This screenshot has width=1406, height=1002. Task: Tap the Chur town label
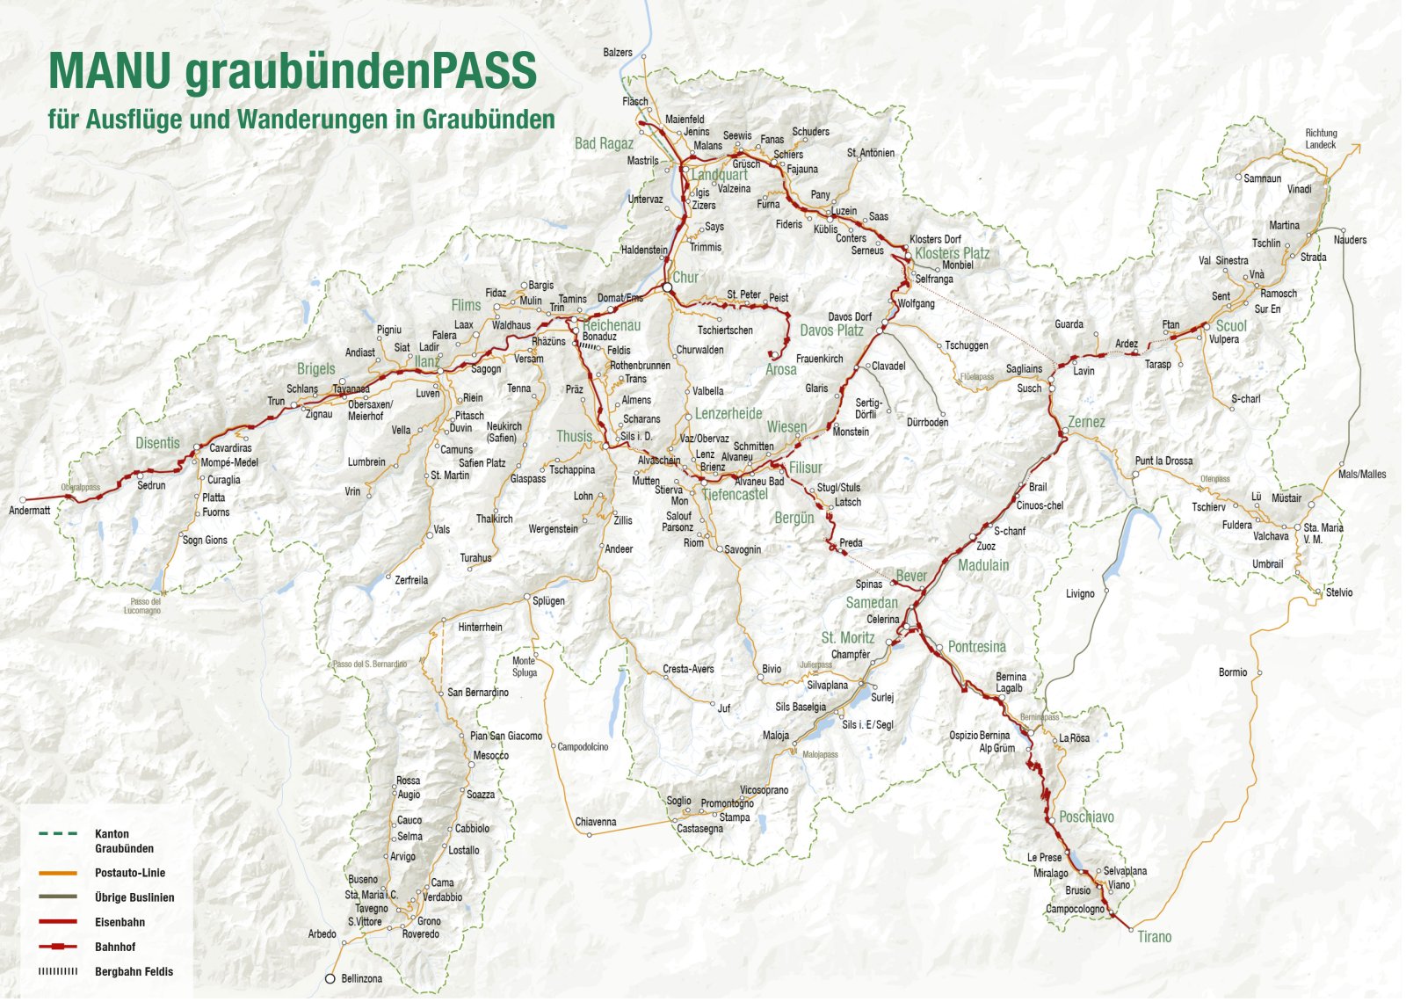coord(685,277)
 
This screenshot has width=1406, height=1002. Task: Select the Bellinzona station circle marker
coord(330,978)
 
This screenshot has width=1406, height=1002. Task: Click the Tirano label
coord(1154,937)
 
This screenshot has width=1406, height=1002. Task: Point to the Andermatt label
coord(30,511)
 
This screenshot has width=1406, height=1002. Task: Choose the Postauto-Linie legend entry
coord(130,873)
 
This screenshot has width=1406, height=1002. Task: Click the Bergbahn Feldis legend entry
coord(134,971)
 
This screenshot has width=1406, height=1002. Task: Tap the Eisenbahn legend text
coord(120,922)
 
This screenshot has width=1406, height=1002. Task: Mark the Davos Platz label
coord(831,330)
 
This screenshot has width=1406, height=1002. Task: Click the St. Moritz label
coord(847,637)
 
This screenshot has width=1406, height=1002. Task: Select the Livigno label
coord(1080,594)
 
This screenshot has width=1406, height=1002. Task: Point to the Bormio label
coord(1232,672)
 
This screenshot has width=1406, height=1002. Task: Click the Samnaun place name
coord(1262,178)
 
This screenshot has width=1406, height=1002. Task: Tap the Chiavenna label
coord(595,822)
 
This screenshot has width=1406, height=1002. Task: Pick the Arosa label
coord(780,369)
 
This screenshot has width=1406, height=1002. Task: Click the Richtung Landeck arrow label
coord(1321,139)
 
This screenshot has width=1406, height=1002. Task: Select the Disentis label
coord(157,443)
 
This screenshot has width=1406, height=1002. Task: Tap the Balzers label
coord(617,53)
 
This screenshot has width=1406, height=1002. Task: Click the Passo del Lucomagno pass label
coord(141,606)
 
